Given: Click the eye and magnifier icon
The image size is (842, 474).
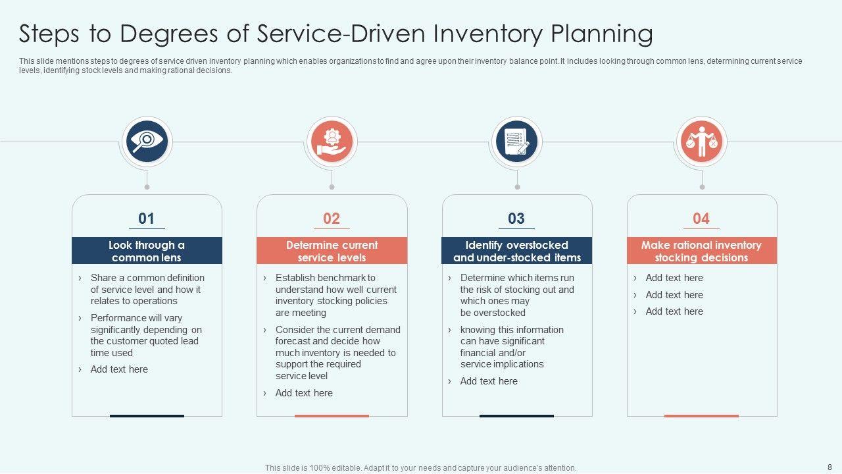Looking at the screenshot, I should click(146, 142).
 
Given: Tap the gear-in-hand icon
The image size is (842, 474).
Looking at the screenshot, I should click(332, 142).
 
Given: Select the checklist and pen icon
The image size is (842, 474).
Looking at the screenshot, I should click(516, 142).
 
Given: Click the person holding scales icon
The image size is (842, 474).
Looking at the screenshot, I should click(702, 142).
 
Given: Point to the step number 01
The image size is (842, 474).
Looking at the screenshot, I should click(147, 219).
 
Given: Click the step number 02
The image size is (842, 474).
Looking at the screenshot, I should click(332, 219).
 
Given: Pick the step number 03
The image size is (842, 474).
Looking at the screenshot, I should click(516, 219).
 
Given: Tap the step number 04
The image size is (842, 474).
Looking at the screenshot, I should click(701, 219).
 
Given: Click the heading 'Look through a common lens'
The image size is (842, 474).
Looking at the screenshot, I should click(147, 251).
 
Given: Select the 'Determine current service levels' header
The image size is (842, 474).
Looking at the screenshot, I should click(332, 251).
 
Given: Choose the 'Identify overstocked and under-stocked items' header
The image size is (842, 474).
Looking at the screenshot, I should click(516, 251).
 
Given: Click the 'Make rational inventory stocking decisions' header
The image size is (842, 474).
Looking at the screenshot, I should click(701, 251).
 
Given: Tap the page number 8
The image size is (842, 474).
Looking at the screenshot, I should click(830, 467).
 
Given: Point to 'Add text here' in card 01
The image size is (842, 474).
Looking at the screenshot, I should click(119, 369).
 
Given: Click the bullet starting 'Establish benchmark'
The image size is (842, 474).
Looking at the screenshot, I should click(335, 295).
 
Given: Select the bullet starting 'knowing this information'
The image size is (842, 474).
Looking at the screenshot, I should click(512, 347).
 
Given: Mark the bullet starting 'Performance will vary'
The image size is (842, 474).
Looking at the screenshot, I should click(146, 335).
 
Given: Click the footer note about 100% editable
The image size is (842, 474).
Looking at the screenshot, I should click(420, 468).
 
